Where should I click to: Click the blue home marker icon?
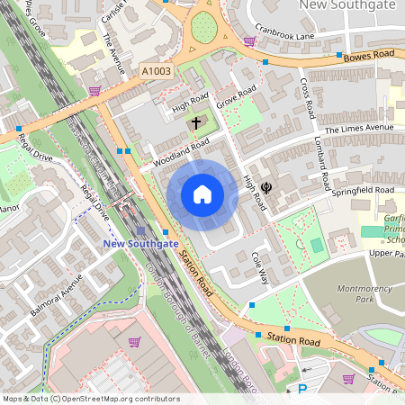pos(202,194)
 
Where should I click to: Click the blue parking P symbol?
pos(302,390)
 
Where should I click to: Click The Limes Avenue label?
pos(360,129)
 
